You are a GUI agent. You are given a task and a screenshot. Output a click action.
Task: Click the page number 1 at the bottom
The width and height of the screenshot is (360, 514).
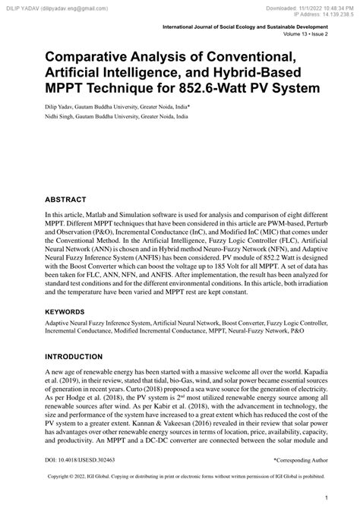326,498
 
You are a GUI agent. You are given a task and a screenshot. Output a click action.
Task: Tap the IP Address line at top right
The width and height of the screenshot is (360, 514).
317,13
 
